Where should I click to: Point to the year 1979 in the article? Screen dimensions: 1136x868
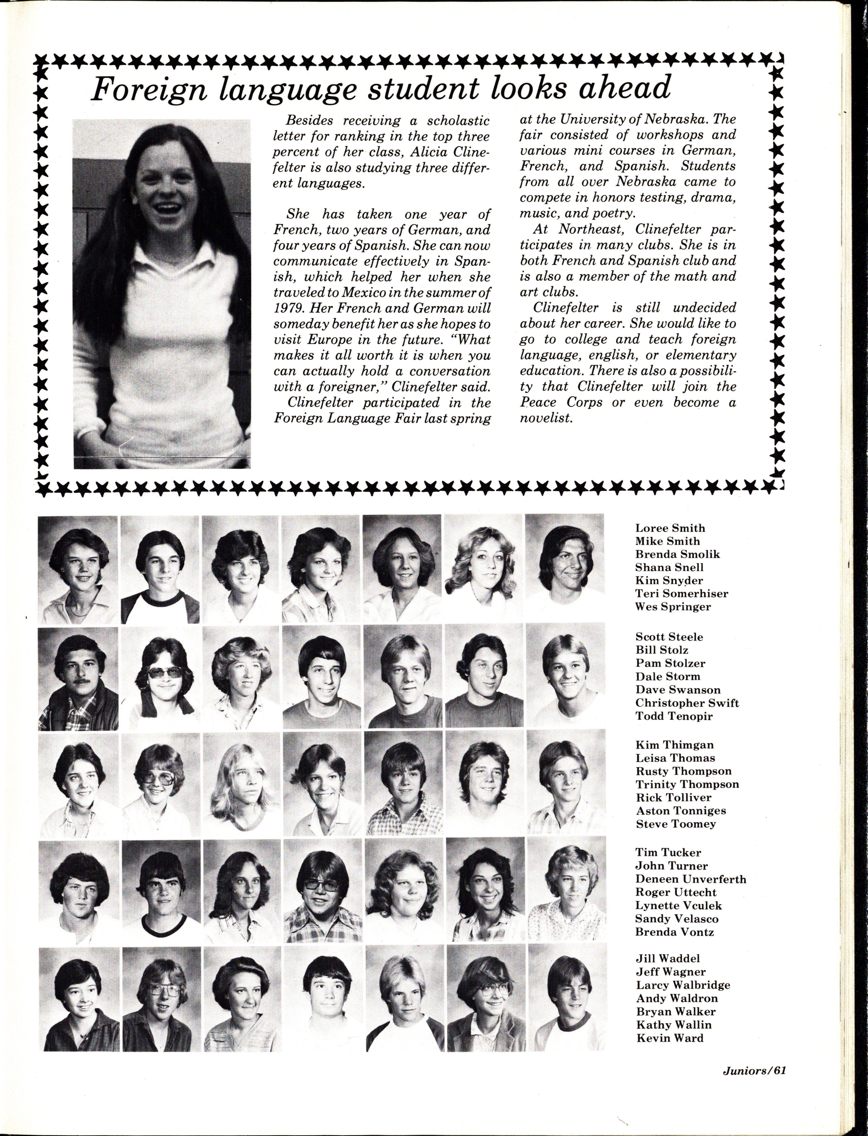[x=288, y=308]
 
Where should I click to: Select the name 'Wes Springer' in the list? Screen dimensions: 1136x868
[x=673, y=607]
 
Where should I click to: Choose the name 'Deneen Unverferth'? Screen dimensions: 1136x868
[x=690, y=879]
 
